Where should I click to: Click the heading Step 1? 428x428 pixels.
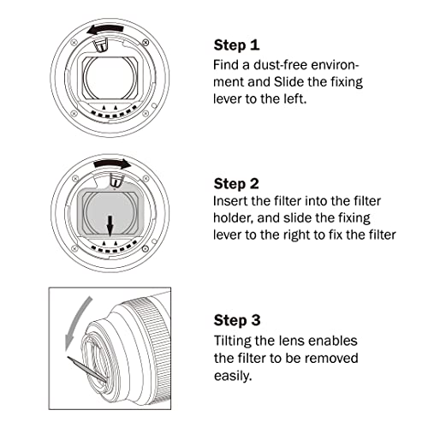[x=236, y=44]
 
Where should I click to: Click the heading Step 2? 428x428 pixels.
[x=237, y=182]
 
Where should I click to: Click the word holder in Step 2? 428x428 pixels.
[x=234, y=219]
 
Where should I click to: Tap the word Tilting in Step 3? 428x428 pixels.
[x=233, y=341]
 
